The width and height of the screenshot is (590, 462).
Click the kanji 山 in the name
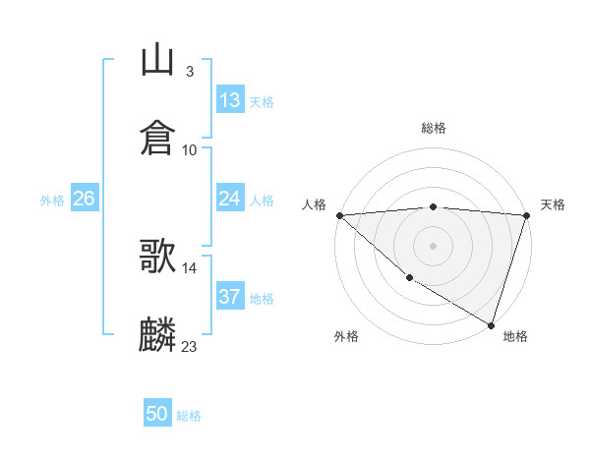click(x=158, y=59)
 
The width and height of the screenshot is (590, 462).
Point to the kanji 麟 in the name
click(x=158, y=334)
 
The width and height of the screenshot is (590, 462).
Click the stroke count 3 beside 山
click(x=189, y=72)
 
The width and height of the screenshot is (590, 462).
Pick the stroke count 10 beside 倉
click(x=190, y=149)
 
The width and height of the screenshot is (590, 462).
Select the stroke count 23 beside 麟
click(x=190, y=346)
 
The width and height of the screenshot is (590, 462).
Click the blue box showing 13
click(x=230, y=100)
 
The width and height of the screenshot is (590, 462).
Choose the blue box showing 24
click(x=230, y=199)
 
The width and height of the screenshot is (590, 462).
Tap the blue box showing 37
click(x=230, y=297)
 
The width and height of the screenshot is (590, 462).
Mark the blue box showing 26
click(x=84, y=199)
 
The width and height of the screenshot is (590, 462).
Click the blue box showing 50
click(x=157, y=414)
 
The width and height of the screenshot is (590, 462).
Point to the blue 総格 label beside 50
click(x=189, y=416)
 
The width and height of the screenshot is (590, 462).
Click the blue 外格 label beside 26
click(x=52, y=200)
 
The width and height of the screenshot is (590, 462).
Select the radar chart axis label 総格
click(x=434, y=128)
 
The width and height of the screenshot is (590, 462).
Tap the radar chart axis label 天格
click(x=554, y=204)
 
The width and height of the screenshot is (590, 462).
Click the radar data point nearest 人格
click(x=339, y=215)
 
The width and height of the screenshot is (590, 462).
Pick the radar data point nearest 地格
click(x=491, y=324)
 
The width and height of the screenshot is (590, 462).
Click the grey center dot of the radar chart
click(x=434, y=245)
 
